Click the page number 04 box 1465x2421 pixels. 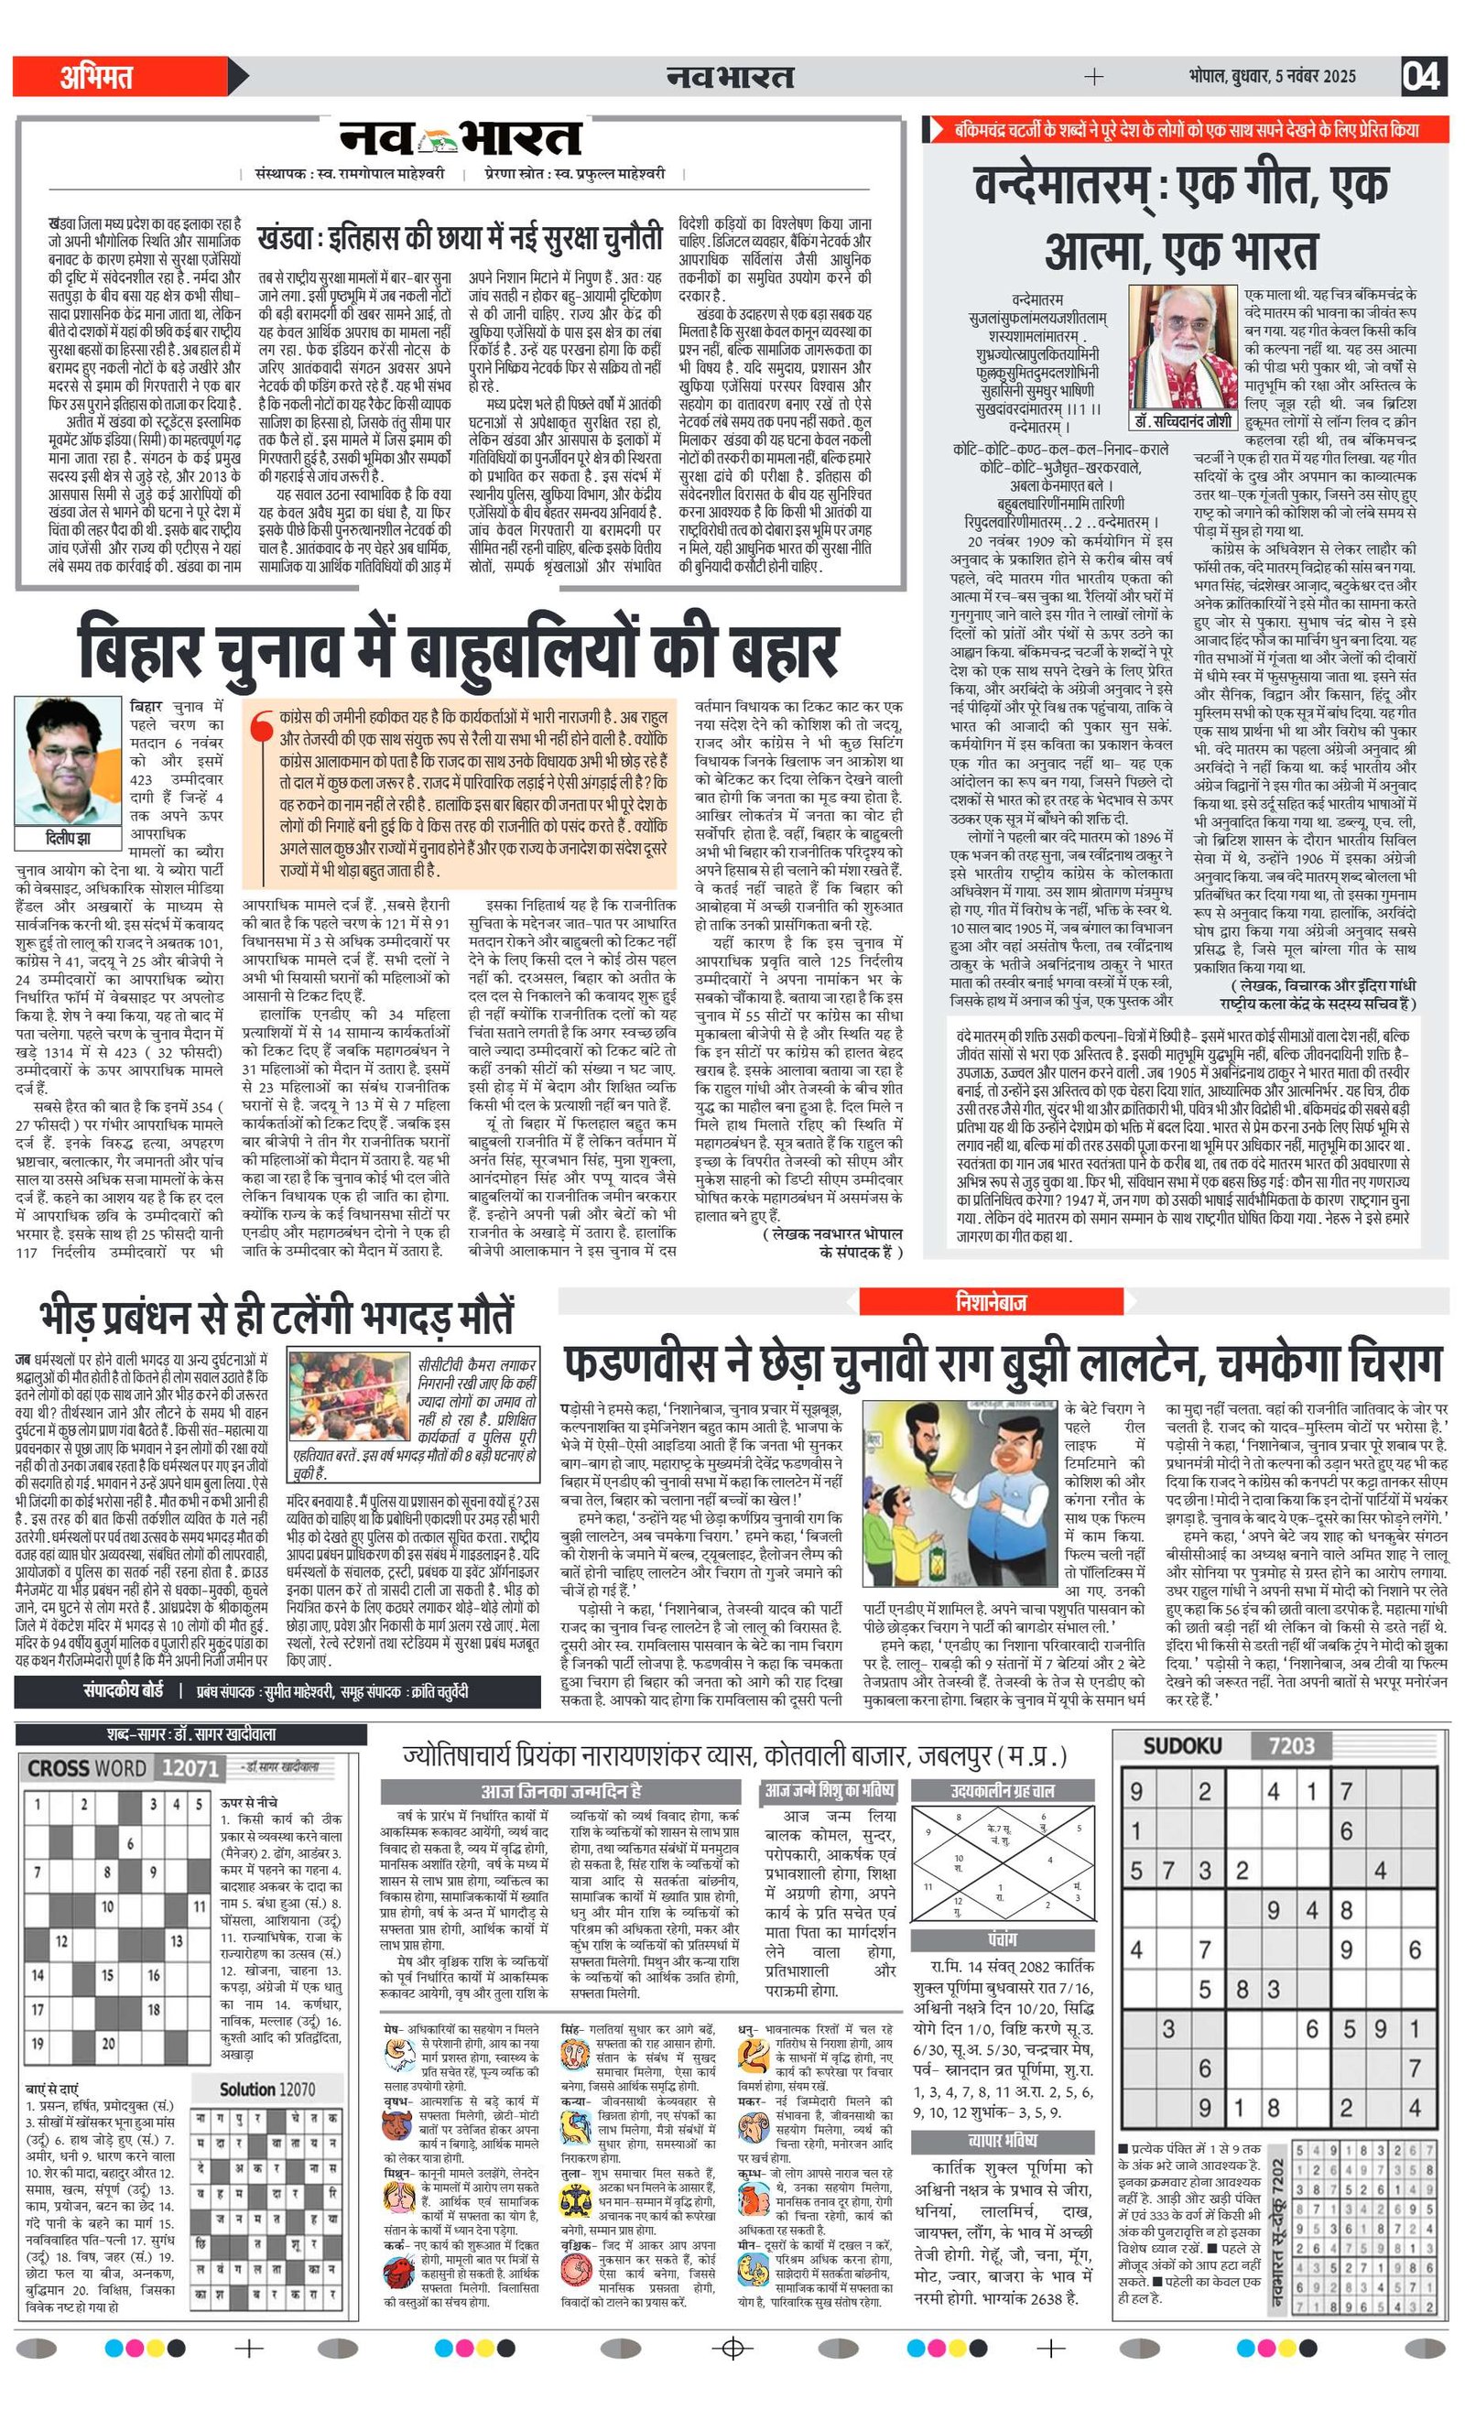click(x=1423, y=76)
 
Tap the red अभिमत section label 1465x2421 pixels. click(x=96, y=77)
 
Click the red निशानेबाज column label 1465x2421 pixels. click(x=991, y=1302)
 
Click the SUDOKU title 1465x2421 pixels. click(x=1182, y=1746)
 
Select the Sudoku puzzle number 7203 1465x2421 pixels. click(x=1291, y=1746)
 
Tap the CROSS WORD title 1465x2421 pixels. click(x=88, y=1768)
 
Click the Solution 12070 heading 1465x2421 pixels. click(x=267, y=2090)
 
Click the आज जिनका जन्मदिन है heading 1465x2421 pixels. click(x=561, y=1791)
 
